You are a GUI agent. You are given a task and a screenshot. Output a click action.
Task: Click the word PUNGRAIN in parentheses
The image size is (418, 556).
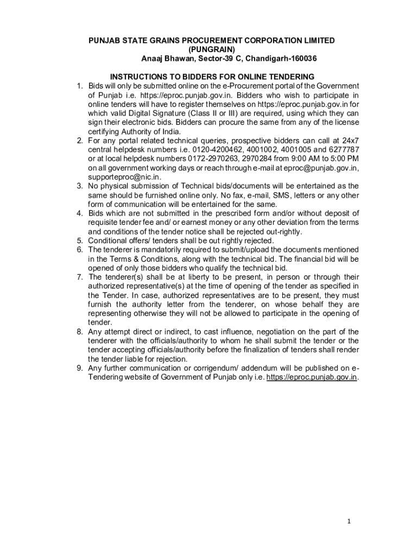point(212,49)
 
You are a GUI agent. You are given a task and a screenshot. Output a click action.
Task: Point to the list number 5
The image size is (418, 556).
point(79,241)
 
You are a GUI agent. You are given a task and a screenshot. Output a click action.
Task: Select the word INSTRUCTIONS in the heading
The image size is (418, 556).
point(137,77)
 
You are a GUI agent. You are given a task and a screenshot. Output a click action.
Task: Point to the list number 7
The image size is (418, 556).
point(79,277)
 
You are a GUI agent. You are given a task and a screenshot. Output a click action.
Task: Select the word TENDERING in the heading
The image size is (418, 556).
point(294,77)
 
